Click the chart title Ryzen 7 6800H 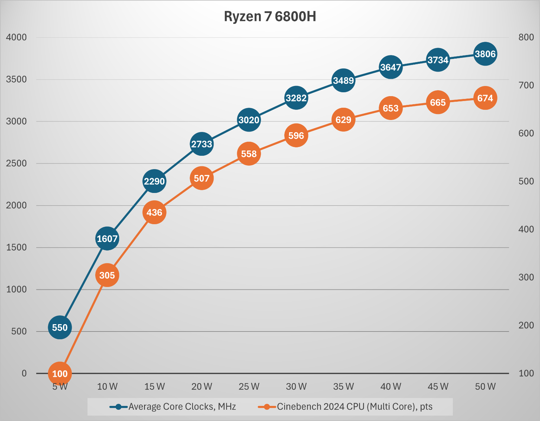click(x=270, y=16)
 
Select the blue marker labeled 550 click(x=60, y=327)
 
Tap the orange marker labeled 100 click(x=60, y=374)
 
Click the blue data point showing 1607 click(x=107, y=239)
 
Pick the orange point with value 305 click(x=107, y=275)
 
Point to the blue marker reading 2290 click(x=154, y=181)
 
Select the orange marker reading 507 click(x=202, y=178)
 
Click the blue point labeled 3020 click(x=249, y=120)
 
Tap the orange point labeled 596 click(x=296, y=135)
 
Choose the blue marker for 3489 click(x=343, y=80)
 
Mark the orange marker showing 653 click(x=391, y=108)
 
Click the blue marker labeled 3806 click(x=485, y=54)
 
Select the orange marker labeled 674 click(x=485, y=98)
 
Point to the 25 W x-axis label click(x=249, y=387)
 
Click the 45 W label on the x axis click(x=438, y=387)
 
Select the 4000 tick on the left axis click(x=16, y=37)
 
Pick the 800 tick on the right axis click(x=526, y=37)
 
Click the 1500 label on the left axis click(x=16, y=247)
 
